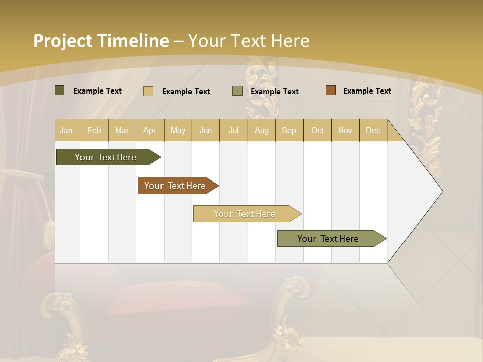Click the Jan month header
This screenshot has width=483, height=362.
coord(67,130)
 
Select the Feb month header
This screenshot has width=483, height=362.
coord(94,130)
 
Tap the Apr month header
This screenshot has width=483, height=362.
coord(150,130)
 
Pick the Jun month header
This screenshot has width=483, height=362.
coord(206,130)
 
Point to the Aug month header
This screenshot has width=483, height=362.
coord(262,130)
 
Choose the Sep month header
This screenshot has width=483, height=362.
coord(289,130)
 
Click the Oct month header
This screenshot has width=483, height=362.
coord(317,130)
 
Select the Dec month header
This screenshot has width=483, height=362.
coord(373,130)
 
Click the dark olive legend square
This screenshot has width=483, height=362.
coord(60,90)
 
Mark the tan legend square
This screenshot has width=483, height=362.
coord(148,91)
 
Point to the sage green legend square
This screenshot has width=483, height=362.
coord(237,91)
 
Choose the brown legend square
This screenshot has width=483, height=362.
coord(331,90)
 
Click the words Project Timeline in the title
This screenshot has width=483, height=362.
coord(101,41)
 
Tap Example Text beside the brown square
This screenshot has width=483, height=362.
coord(367,91)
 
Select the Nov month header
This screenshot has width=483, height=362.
coord(345,130)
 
